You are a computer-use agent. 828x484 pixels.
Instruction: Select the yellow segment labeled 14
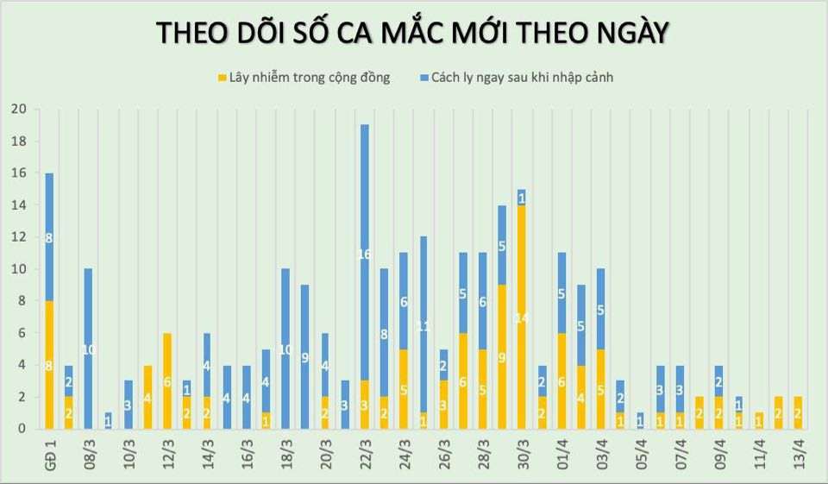point(522,317)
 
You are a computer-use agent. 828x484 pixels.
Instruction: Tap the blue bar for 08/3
point(88,349)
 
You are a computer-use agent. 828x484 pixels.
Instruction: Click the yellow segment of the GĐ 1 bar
point(49,365)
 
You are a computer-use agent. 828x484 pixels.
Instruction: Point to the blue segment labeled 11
point(423,325)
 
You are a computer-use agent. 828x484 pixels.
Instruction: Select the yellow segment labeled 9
point(502,356)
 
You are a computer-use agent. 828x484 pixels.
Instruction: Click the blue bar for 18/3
point(285,349)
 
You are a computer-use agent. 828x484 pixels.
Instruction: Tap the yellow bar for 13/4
point(799,412)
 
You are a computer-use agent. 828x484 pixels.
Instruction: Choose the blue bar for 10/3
point(128,405)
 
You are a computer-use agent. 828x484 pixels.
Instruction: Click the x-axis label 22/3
point(365,452)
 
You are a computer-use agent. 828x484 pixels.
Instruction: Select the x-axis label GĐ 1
point(49,452)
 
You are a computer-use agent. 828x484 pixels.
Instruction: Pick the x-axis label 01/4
point(561,452)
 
